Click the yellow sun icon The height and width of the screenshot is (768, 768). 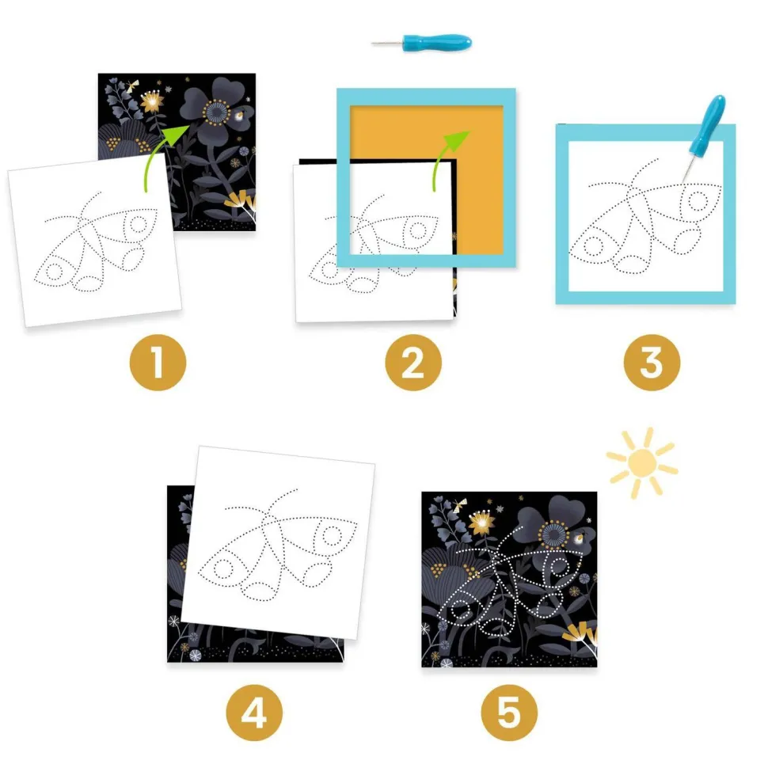coord(641,462)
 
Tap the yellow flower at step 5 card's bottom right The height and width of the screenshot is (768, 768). coord(576,631)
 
